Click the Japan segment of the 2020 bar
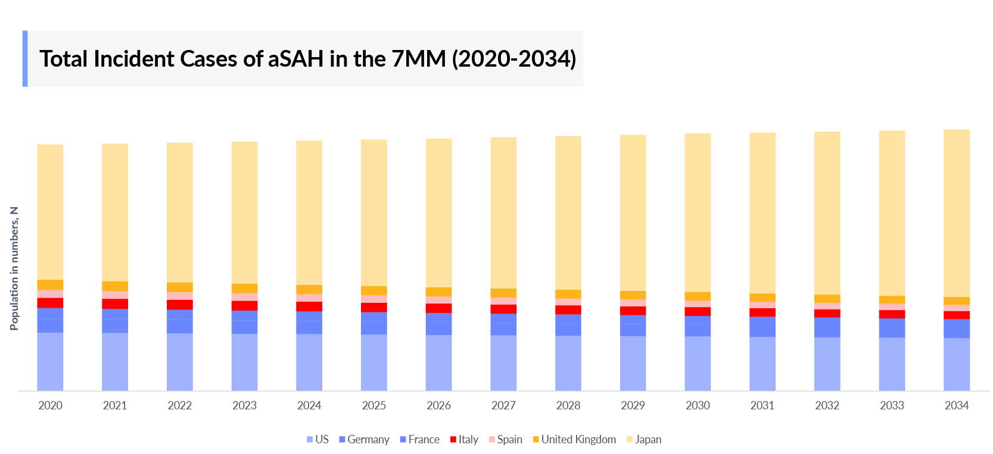tap(50, 211)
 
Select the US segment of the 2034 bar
tap(956, 364)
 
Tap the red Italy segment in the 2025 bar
tap(373, 308)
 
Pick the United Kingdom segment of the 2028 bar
tap(568, 294)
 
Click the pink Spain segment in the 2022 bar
tap(179, 296)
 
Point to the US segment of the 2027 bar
tap(503, 363)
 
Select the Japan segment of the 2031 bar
tap(762, 212)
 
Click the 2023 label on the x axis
tap(244, 406)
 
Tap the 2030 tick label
tap(698, 406)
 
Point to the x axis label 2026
tap(438, 406)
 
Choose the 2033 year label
tap(892, 406)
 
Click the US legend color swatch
tap(310, 440)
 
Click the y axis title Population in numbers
tap(14, 268)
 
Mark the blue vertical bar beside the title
tap(25, 59)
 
